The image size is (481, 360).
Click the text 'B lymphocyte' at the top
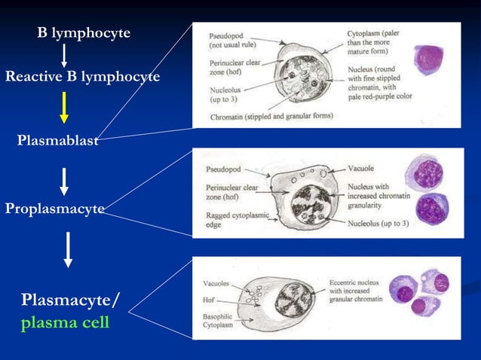pyautogui.click(x=84, y=33)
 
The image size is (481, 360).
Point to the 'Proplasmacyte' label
pyautogui.click(x=54, y=209)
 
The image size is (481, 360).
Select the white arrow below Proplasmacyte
pyautogui.click(x=68, y=249)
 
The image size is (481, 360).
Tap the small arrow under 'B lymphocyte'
pyautogui.click(x=64, y=55)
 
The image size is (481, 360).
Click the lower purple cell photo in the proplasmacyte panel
pyautogui.click(x=432, y=209)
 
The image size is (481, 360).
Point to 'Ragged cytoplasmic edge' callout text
pyautogui.click(x=228, y=218)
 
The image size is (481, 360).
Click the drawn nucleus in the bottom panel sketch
pyautogui.click(x=295, y=299)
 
